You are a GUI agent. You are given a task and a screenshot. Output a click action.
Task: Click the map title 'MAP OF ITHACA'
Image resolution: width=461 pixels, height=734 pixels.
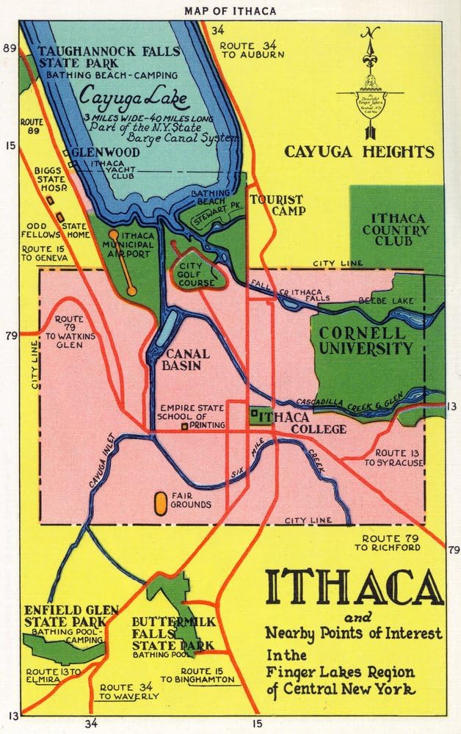coord(230,10)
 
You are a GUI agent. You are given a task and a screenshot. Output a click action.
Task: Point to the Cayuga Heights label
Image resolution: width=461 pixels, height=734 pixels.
coord(360,152)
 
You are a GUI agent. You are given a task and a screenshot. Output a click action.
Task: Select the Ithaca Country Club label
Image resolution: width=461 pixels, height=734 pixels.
coord(399,229)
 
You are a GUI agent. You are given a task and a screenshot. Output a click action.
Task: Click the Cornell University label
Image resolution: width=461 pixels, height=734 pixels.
coord(366,340)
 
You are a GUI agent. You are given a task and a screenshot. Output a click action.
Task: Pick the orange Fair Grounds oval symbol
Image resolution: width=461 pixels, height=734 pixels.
coord(159,503)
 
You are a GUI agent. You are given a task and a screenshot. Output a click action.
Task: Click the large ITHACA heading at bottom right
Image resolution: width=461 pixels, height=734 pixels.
coord(354,586)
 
